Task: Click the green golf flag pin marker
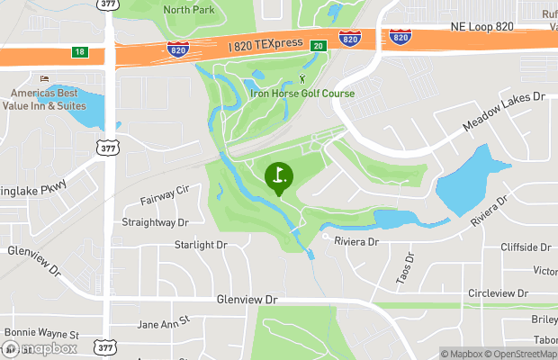[x=279, y=177]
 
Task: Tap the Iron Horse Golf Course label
[x=301, y=94]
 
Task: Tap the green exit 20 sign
[x=318, y=45]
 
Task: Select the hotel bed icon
[x=33, y=79]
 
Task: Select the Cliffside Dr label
[x=526, y=247]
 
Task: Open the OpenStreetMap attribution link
[x=524, y=354]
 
